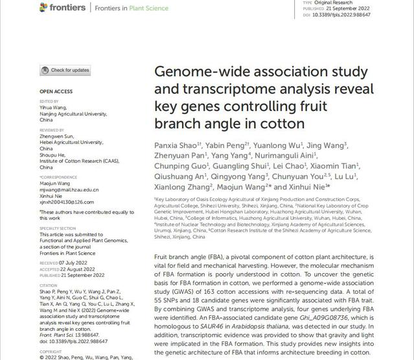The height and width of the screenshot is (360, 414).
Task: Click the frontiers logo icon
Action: click(43, 7)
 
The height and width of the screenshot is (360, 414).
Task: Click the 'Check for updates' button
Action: click(65, 70)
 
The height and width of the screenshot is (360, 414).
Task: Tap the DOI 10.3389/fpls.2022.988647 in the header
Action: click(346, 14)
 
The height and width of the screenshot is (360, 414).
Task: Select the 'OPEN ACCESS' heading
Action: click(56, 91)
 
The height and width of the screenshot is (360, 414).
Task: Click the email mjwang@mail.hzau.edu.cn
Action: click(69, 189)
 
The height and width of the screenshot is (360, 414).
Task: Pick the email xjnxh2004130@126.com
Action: click(67, 202)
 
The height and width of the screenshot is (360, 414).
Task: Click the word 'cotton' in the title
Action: click(281, 123)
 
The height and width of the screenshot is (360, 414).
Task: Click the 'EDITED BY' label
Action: click(49, 101)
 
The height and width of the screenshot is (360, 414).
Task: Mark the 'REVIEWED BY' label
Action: click(52, 130)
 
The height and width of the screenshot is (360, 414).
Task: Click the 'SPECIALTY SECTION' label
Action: click(58, 228)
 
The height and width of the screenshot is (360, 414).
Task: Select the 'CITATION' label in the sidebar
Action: click(48, 285)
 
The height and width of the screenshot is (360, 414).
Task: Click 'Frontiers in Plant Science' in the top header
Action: click(132, 8)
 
